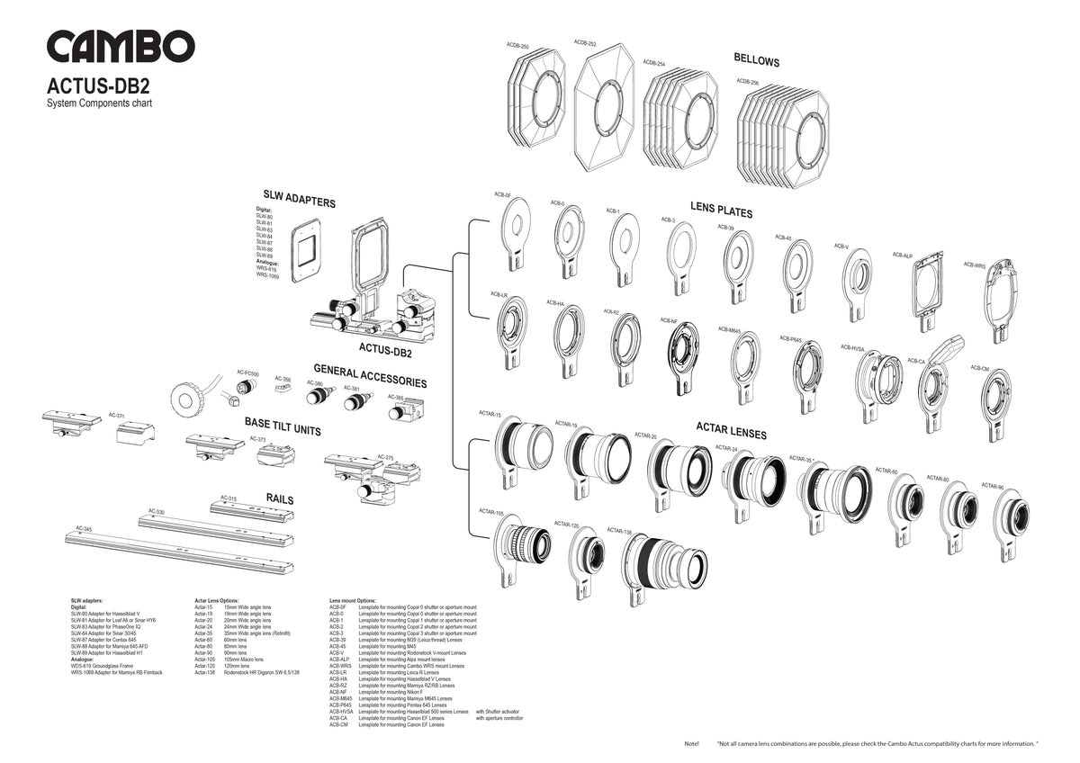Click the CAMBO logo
[x=121, y=47]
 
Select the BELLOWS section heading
[x=756, y=61]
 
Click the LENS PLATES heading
[x=721, y=210]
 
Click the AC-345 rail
[x=180, y=550]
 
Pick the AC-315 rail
[x=252, y=509]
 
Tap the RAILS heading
[x=280, y=498]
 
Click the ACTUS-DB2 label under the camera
[x=385, y=350]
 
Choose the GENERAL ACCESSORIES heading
[x=370, y=375]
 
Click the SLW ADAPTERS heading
[x=299, y=199]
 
